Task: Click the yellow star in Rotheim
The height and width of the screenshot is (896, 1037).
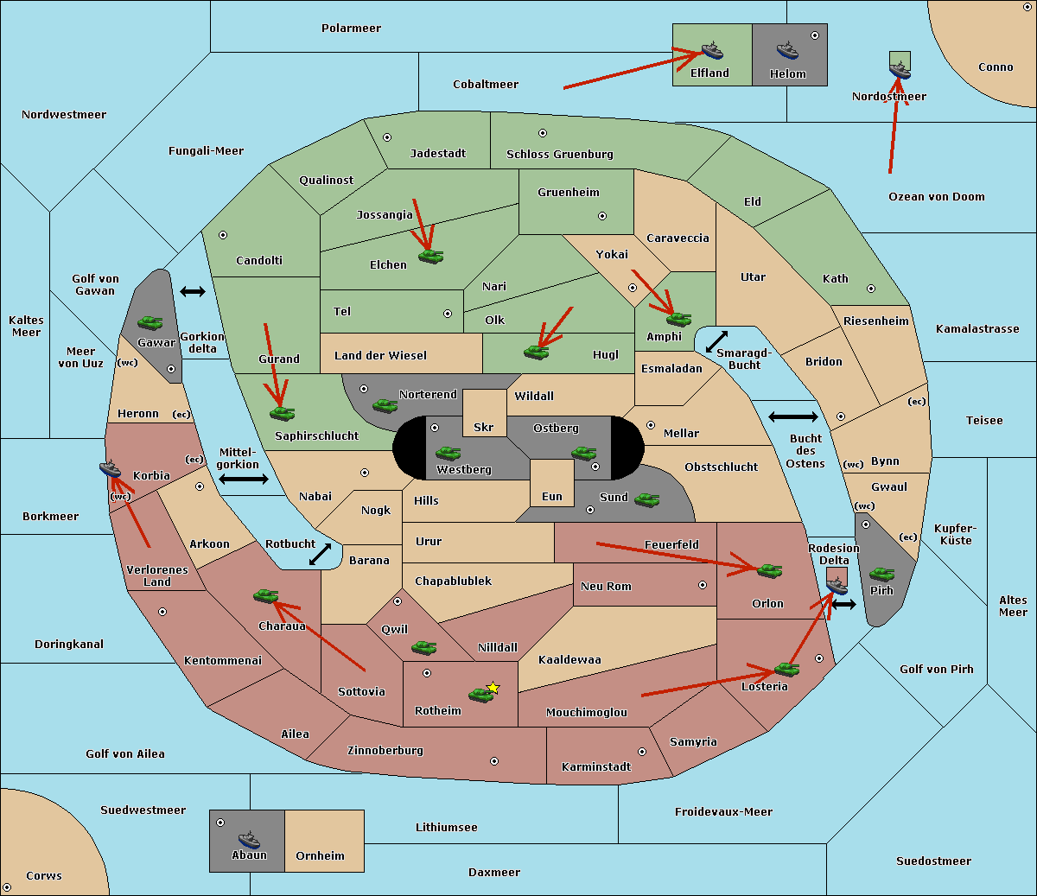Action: pyautogui.click(x=493, y=688)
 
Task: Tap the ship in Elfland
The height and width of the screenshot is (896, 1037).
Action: pyautogui.click(x=712, y=50)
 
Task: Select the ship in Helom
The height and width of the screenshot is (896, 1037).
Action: pyautogui.click(x=787, y=50)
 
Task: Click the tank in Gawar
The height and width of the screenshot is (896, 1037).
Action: pyautogui.click(x=150, y=322)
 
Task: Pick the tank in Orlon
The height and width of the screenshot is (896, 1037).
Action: pyautogui.click(x=769, y=570)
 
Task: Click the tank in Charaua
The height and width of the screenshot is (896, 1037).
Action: pyautogui.click(x=266, y=595)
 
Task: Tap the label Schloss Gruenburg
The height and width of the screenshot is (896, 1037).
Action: pyautogui.click(x=559, y=155)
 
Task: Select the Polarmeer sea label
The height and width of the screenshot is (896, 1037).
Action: pyautogui.click(x=351, y=29)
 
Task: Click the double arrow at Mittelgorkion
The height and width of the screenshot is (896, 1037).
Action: pyautogui.click(x=244, y=479)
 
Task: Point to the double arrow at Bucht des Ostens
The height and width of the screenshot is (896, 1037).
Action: pyautogui.click(x=792, y=417)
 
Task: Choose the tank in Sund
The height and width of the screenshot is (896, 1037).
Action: pyautogui.click(x=647, y=499)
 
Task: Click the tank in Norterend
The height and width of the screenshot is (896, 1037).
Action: pyautogui.click(x=385, y=405)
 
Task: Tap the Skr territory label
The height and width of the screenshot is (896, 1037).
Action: pyautogui.click(x=484, y=427)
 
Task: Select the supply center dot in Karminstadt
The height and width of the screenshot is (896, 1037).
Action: pyautogui.click(x=642, y=752)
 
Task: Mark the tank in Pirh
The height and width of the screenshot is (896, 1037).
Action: pyautogui.click(x=881, y=574)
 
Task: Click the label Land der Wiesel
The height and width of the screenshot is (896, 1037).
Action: pyautogui.click(x=380, y=355)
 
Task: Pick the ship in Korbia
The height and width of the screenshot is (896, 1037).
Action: pyautogui.click(x=111, y=468)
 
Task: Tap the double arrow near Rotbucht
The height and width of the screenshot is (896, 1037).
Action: pyautogui.click(x=321, y=554)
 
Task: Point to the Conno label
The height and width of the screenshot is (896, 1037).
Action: pyautogui.click(x=996, y=67)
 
